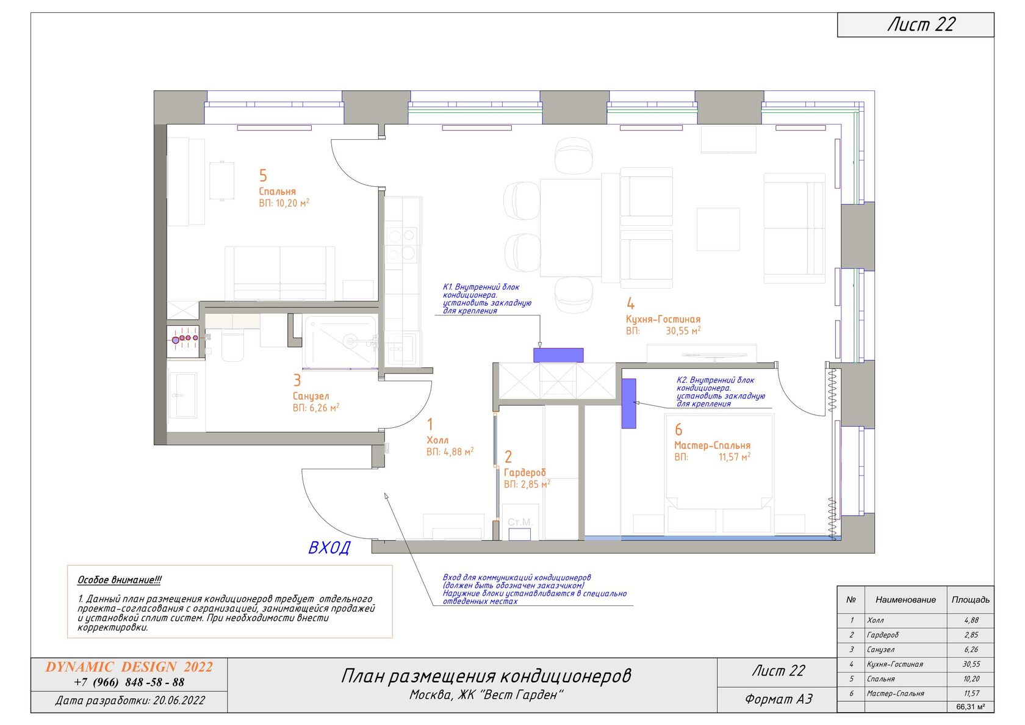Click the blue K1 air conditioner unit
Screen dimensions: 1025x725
[558, 355]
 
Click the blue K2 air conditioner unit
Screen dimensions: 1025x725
[628, 404]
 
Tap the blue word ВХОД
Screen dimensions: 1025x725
[329, 548]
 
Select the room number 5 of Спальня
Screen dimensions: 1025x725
[263, 175]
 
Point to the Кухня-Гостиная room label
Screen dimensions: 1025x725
[663, 319]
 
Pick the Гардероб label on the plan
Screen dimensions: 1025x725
[525, 472]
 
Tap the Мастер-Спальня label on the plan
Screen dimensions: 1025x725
[713, 445]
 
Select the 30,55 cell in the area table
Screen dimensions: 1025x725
[971, 664]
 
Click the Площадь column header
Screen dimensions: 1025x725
[971, 599]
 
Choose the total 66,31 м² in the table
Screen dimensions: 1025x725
[971, 707]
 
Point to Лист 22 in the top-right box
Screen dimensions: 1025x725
[921, 24]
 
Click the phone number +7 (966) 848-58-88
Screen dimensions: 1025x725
[129, 682]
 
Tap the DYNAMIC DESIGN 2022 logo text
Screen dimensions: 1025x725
[129, 667]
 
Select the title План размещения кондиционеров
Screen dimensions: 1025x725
[486, 676]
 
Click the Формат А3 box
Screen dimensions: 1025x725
[779, 699]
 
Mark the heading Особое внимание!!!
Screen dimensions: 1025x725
[119, 580]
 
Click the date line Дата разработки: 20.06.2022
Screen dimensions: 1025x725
[130, 701]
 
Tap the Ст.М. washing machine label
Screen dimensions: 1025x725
[520, 522]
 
